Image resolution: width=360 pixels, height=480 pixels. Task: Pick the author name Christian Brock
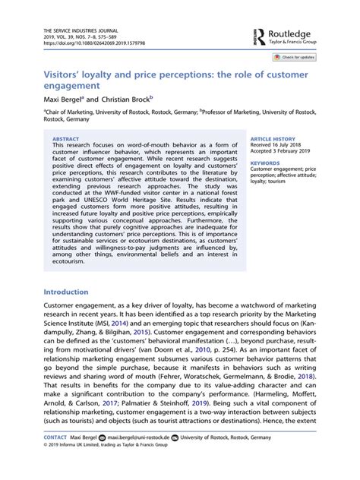[x=128, y=98]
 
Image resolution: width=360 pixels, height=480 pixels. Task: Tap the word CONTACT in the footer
[x=55, y=459]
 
